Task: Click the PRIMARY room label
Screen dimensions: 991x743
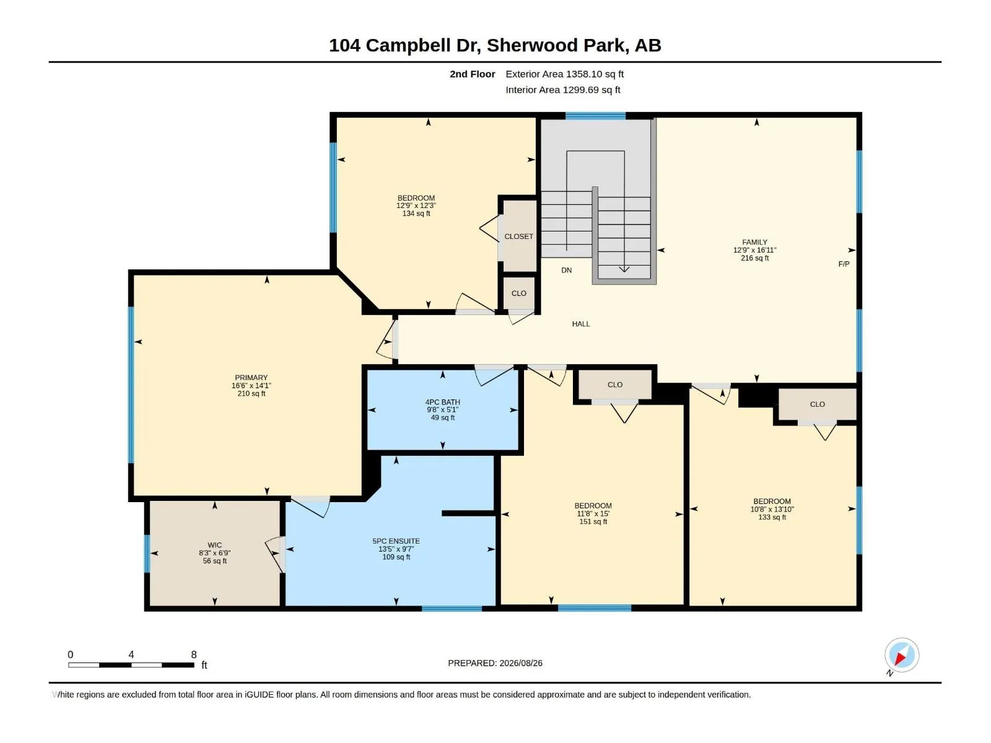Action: pos(251,378)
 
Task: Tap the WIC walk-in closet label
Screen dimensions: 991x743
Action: pos(214,545)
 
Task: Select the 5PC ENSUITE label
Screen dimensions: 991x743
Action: pos(396,541)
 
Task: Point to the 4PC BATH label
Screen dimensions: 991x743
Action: pos(442,402)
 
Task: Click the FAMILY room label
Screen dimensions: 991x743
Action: pos(754,242)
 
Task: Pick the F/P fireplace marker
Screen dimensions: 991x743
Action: pos(844,264)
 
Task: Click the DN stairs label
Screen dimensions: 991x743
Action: pos(567,270)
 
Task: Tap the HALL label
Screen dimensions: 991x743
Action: pos(581,324)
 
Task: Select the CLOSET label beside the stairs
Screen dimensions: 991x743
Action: pos(519,237)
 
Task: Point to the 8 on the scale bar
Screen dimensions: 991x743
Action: pos(194,654)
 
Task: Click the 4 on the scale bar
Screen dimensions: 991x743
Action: pos(131,654)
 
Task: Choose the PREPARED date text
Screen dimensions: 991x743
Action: pos(495,663)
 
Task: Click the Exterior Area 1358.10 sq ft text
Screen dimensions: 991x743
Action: pos(564,74)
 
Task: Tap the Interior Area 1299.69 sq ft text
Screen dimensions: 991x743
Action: pos(562,90)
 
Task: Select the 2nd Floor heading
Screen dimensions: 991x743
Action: pos(472,74)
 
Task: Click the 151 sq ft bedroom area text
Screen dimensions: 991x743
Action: pos(593,521)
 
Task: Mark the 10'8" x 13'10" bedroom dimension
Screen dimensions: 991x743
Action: pos(772,510)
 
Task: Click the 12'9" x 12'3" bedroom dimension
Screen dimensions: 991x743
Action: pos(416,206)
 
